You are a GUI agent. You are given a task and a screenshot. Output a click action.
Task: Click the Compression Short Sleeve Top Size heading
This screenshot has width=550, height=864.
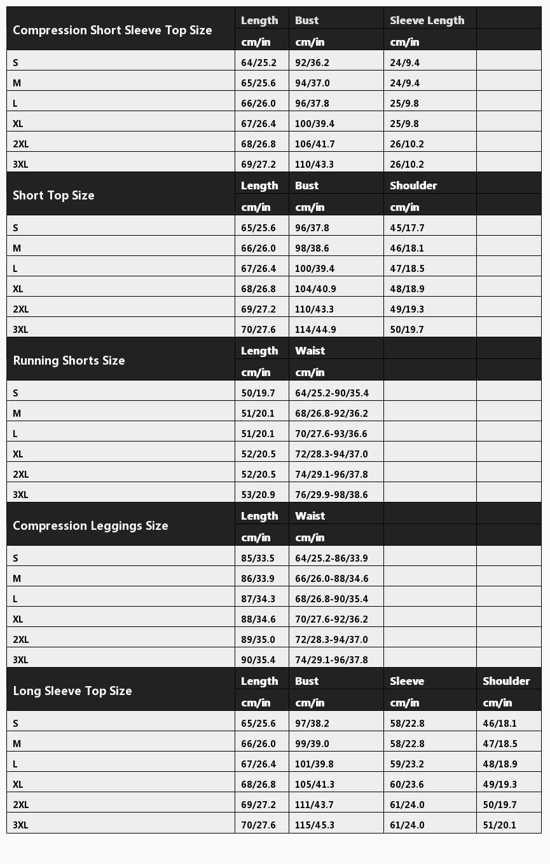113,30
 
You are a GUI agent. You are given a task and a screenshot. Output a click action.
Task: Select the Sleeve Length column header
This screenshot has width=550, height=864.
427,20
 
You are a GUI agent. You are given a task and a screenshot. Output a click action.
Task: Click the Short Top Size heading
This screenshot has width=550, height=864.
53,196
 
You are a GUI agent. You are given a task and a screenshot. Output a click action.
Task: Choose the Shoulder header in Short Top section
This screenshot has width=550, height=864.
413,186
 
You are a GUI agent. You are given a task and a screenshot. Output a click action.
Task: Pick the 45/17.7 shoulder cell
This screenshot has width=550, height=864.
407,228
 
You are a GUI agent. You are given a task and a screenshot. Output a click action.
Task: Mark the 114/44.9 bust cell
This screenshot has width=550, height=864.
315,330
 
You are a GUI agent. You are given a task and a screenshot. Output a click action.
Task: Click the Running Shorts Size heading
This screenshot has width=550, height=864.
69,361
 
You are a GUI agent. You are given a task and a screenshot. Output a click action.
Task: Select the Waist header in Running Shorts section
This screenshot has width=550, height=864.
310,351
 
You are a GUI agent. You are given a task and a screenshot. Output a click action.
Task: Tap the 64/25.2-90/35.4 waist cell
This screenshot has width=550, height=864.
331,393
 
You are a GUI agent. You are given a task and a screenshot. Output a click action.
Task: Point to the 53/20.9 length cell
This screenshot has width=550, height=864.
258,495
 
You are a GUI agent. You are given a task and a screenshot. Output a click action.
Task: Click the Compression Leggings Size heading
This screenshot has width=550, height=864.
90,526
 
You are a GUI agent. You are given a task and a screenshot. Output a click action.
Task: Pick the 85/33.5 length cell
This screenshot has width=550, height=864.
258,558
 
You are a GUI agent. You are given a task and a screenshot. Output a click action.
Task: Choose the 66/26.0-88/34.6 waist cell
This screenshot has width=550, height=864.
331,579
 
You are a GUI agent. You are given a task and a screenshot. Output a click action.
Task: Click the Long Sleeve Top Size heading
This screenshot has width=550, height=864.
72,691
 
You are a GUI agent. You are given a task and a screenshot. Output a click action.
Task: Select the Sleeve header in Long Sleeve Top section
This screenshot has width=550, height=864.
407,681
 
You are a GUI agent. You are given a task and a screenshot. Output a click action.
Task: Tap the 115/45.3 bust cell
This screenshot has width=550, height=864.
314,825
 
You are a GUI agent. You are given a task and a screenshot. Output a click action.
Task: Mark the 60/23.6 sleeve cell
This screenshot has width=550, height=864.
407,785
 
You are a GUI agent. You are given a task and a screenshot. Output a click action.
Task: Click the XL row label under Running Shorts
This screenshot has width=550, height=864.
18,454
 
